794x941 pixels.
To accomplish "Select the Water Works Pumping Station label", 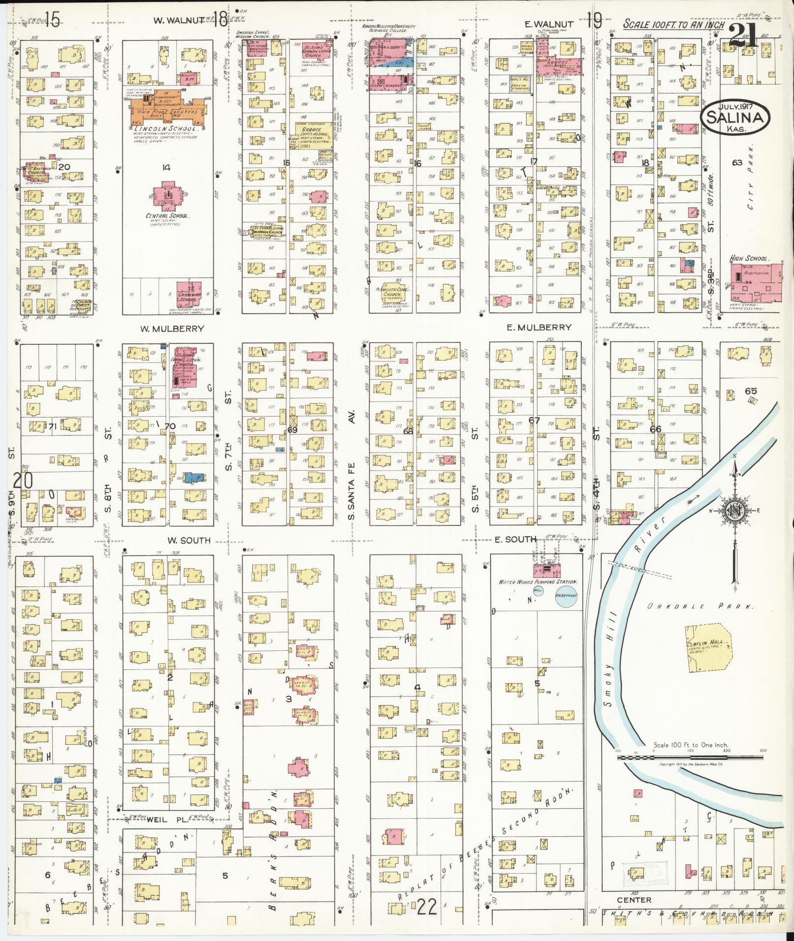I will [538, 582].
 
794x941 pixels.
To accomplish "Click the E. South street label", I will [514, 540].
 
